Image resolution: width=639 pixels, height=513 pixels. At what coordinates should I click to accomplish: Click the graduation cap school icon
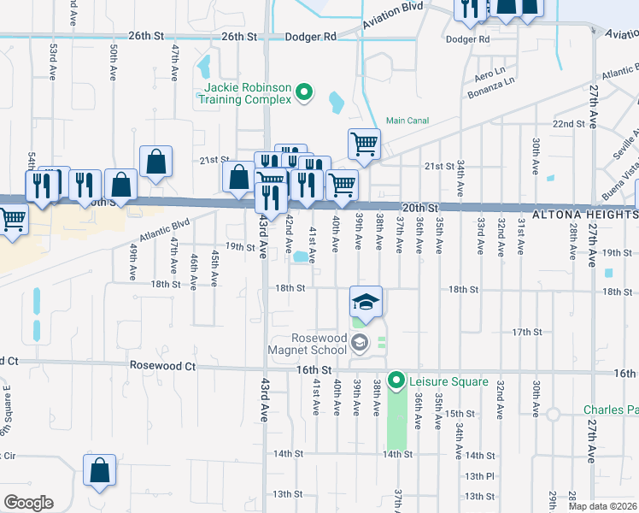pyautogui.click(x=366, y=301)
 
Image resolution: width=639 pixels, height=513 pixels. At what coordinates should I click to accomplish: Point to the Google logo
pyautogui.click(x=28, y=503)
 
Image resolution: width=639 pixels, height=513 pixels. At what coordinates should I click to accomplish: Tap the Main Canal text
pyautogui.click(x=407, y=121)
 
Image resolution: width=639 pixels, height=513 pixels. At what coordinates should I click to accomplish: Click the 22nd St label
pyautogui.click(x=567, y=124)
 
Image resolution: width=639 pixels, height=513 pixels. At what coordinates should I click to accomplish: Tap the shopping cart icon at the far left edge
pyautogui.click(x=13, y=221)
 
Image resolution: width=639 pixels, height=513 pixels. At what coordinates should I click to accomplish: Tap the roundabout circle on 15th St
pyautogui.click(x=554, y=414)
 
